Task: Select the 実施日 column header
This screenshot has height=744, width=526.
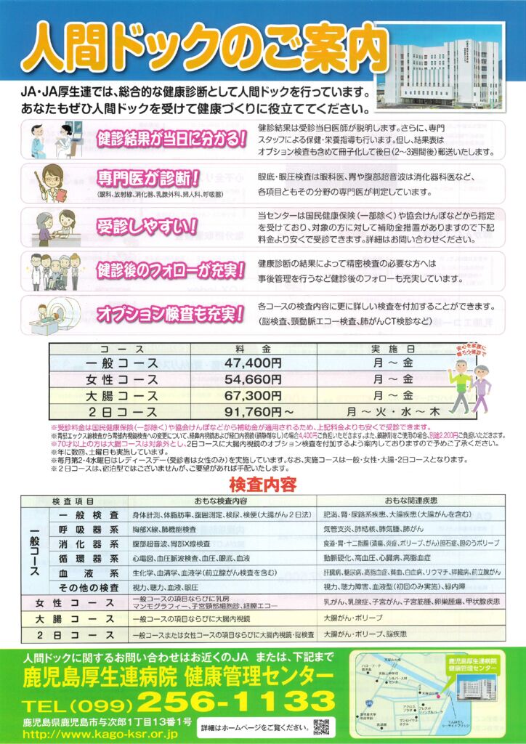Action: click(382, 347)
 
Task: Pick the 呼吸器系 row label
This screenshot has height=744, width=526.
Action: click(88, 530)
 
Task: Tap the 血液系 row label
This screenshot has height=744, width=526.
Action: click(88, 573)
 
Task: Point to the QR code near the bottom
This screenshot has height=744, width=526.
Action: click(320, 727)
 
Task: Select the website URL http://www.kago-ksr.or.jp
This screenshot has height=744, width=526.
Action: click(103, 734)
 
